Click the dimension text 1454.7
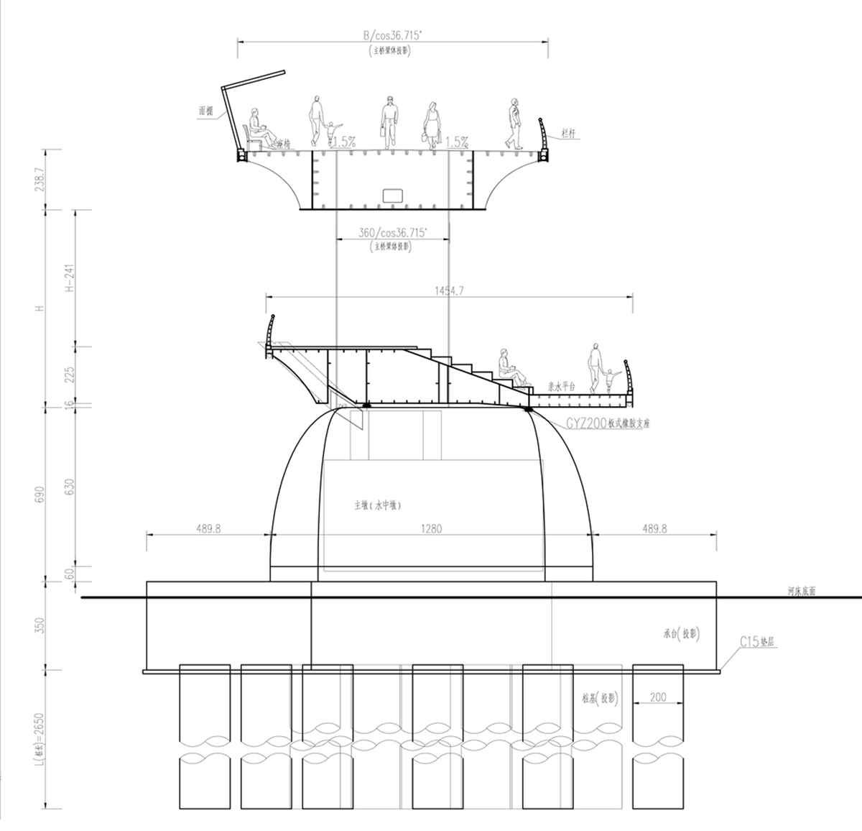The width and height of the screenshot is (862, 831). coord(450,290)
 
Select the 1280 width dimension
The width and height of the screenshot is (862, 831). coord(432,528)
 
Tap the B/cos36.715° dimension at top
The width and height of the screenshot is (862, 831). coord(392,35)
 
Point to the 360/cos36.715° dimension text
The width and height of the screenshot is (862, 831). coord(392,232)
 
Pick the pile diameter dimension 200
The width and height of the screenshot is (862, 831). coord(657,697)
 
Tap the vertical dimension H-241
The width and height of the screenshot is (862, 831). coord(70,277)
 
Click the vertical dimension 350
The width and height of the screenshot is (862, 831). coord(39,625)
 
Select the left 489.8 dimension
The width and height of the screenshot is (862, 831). coord(208,528)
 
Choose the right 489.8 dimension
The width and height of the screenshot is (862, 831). coord(654,528)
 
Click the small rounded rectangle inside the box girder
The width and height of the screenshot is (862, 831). coord(392,195)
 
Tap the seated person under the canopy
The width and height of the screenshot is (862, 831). coord(259,130)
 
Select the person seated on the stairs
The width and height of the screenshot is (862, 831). coord(509,367)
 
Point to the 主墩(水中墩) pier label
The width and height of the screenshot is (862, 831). coord(377,505)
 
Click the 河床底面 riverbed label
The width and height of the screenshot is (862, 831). coord(801,592)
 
